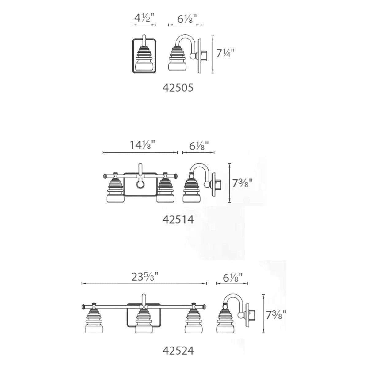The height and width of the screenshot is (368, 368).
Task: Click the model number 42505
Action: pos(178,88)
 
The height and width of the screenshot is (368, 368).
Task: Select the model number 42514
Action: pos(178,220)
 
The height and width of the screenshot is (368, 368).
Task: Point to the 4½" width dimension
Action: pos(144,18)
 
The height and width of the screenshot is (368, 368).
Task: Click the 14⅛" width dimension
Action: pos(142,145)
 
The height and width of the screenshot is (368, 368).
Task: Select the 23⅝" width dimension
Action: pos(145,277)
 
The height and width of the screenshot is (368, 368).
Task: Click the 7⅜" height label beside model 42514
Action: pos(242,183)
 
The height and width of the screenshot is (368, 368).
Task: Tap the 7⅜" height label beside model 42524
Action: pos(276,315)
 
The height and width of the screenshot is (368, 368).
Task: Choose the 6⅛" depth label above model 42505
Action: pos(187,19)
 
